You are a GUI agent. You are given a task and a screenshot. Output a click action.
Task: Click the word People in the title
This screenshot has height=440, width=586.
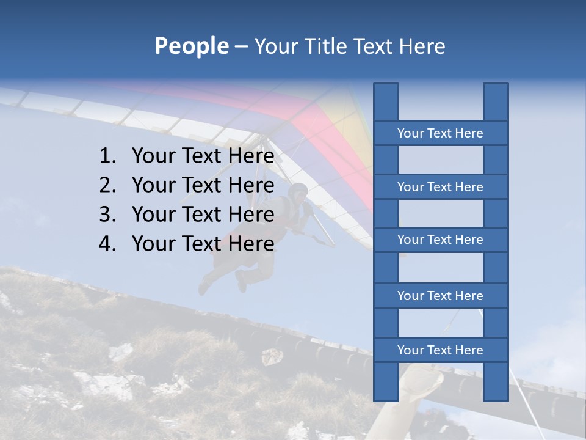click(191, 46)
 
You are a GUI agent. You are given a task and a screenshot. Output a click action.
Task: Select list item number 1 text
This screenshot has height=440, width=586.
click(203, 156)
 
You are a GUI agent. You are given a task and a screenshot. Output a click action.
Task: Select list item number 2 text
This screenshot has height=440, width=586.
click(203, 185)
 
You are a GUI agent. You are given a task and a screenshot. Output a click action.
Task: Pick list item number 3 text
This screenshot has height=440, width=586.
click(203, 215)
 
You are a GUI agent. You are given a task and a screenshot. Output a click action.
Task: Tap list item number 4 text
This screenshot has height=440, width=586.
click(203, 244)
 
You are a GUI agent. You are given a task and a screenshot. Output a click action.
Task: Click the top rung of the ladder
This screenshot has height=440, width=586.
click(440, 133)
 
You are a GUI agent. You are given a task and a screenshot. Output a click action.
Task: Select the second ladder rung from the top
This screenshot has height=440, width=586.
click(440, 187)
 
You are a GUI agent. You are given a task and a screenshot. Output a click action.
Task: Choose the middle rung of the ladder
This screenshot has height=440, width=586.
click(440, 240)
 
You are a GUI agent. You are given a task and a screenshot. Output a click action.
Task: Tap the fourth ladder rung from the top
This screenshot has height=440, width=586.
click(440, 296)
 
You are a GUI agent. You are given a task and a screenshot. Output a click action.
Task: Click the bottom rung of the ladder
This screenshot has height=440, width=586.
click(440, 350)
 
